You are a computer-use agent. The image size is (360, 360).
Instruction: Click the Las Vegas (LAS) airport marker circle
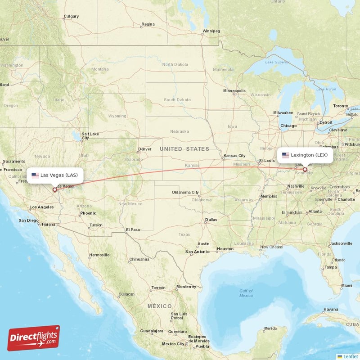tap(55, 189)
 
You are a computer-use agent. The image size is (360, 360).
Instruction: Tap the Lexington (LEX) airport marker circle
tap(305, 170)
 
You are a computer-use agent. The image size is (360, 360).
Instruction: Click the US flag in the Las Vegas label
tap(35, 175)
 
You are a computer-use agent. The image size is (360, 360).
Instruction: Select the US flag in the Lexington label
tap(285, 155)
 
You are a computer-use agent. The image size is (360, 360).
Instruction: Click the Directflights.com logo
tap(33, 338)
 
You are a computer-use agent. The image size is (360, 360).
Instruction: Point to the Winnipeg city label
tap(211, 31)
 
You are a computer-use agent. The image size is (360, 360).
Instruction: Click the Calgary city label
tap(71, 17)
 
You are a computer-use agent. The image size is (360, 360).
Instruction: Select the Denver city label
tap(145, 149)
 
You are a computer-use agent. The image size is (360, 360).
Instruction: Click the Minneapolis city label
tap(234, 91)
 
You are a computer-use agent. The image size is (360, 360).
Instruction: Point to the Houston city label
tap(225, 249)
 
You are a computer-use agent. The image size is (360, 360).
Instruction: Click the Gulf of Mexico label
tap(246, 293)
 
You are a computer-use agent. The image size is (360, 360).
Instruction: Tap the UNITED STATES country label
tap(184, 149)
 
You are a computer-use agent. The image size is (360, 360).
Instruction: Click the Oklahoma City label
tap(185, 192)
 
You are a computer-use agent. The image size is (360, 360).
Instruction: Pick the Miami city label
tap(346, 286)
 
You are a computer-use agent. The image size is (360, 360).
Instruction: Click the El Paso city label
tap(133, 229)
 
